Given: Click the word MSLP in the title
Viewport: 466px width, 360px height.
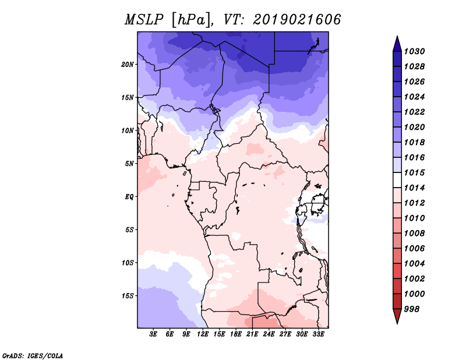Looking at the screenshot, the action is point(144,20).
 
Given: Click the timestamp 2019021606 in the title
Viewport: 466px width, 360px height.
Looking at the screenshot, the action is point(296,20).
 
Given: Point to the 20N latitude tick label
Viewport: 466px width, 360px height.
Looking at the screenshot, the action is point(128,65).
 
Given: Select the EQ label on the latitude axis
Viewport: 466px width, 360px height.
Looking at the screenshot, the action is point(129,197).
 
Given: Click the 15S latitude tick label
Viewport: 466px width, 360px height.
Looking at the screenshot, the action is point(128,296).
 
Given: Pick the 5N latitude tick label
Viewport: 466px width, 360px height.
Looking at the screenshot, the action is point(129,164).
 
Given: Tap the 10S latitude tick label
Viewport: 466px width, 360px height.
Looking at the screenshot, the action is point(128,263).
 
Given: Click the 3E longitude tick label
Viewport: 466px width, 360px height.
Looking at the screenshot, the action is point(153,334).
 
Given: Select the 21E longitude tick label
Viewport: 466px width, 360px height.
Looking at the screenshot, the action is point(252,334).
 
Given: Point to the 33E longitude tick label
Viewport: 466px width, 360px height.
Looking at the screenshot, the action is point(318,334).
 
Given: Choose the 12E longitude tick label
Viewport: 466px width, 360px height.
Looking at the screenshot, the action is point(203,334).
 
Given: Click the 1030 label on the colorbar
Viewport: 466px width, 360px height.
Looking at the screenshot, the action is point(414,51).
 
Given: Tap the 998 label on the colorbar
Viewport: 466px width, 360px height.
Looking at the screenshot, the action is point(412,309).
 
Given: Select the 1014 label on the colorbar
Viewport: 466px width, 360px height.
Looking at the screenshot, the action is point(414,188).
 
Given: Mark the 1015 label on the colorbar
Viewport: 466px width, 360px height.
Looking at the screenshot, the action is point(414,172).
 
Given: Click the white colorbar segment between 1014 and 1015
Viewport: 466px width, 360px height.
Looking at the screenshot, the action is point(397,180).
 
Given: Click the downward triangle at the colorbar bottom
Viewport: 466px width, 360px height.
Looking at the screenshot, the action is point(397,316).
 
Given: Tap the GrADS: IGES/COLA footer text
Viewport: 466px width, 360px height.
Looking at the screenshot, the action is point(33,356).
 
